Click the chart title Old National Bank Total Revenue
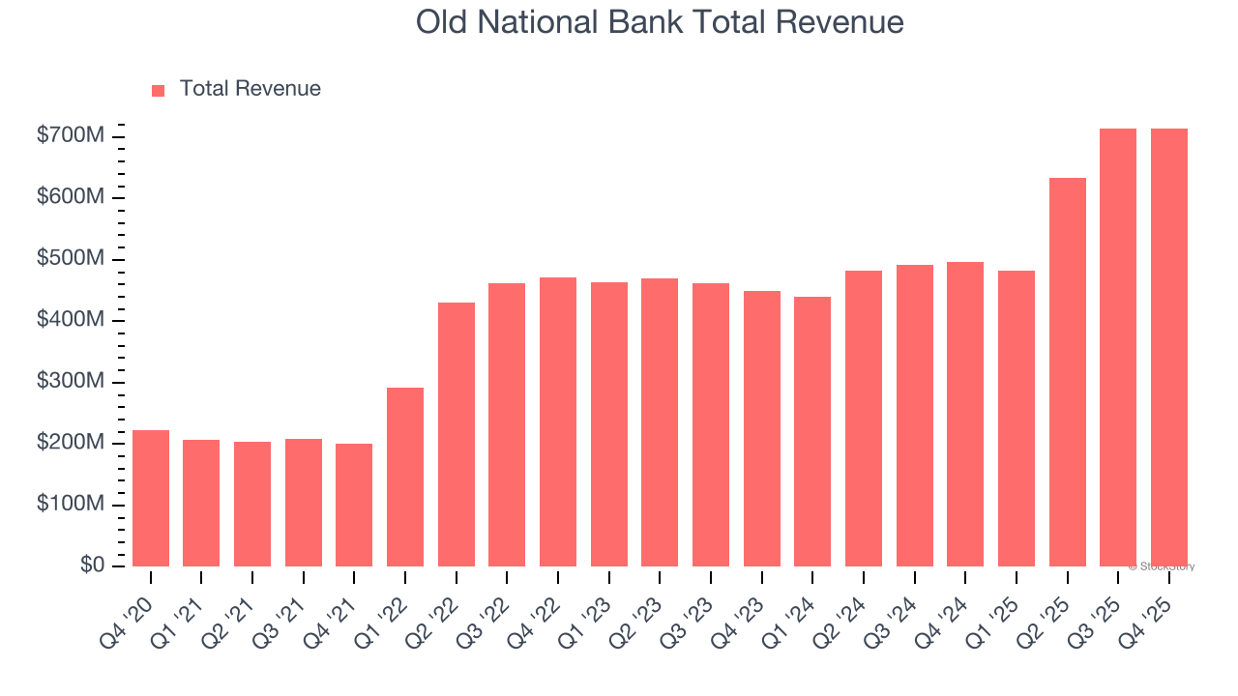tap(660, 22)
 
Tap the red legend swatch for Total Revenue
tap(159, 90)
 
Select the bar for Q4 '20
tap(151, 498)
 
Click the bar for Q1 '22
tap(405, 477)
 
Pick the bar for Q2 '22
tap(457, 434)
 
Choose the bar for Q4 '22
tap(558, 421)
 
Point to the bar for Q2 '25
tap(1067, 372)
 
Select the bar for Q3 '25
tap(1118, 347)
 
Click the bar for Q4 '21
tap(354, 505)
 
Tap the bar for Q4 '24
tap(965, 414)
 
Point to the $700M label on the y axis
tap(70, 136)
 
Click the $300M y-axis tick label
tap(70, 382)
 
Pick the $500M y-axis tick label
tap(70, 259)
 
